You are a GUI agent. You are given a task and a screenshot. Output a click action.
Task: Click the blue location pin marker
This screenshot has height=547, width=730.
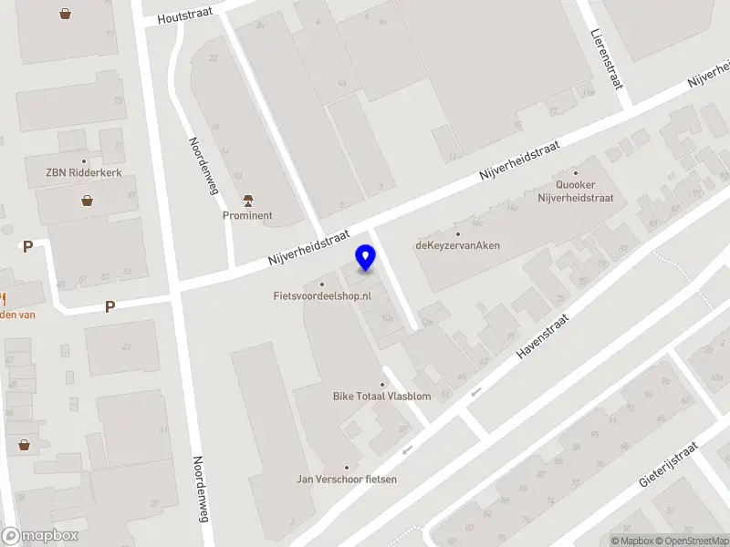pos(366,258)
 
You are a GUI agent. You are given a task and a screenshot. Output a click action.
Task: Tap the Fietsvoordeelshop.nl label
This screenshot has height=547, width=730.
pos(322,295)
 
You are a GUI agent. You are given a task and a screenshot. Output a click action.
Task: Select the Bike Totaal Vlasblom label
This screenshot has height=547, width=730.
pos(381,397)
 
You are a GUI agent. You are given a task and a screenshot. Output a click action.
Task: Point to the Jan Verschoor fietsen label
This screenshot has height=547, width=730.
pos(346,480)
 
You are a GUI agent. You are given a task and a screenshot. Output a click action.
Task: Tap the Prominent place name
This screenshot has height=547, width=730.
pos(247,216)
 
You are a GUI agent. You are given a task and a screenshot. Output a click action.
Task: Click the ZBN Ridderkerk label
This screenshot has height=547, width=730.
pos(83,173)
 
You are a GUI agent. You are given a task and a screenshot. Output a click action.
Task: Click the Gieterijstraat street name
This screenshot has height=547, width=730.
pos(668,465)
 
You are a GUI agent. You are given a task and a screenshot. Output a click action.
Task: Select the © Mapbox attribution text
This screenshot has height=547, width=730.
pos(631,542)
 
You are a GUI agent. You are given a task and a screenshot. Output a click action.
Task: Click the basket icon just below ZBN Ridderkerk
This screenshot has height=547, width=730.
pos(87,201)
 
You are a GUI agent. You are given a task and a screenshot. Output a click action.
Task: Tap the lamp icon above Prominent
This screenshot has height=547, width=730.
pos(247,200)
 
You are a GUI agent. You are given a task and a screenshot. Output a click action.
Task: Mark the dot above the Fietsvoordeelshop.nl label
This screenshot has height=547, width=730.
pos(322,284)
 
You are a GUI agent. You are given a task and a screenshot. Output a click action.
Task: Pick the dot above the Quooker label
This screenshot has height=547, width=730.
pos(575,171)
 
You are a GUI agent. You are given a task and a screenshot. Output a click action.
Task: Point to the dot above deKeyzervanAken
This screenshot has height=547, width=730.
pos(457,233)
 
